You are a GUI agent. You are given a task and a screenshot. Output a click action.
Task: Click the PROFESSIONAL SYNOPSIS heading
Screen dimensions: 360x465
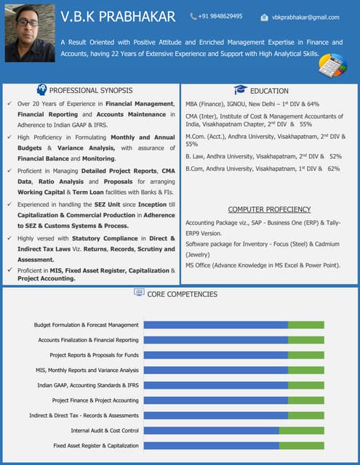click(x=90, y=91)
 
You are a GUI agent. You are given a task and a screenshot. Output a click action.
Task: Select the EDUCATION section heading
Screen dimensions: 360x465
click(x=269, y=91)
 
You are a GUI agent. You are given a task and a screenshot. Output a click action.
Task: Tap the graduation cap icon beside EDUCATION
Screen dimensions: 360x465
click(x=240, y=90)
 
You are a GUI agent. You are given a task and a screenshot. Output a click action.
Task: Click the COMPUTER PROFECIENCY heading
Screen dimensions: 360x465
click(x=269, y=209)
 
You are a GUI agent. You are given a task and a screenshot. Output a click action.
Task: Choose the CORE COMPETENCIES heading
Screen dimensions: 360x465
click(x=183, y=294)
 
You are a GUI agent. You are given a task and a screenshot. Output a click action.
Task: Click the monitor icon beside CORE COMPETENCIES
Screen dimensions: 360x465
click(x=139, y=293)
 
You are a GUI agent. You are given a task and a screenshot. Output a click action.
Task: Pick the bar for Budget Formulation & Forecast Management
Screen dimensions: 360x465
click(x=233, y=325)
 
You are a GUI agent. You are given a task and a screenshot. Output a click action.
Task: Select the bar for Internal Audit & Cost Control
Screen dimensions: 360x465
click(x=233, y=430)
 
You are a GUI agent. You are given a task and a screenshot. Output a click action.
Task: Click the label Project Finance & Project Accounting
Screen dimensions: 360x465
click(x=95, y=400)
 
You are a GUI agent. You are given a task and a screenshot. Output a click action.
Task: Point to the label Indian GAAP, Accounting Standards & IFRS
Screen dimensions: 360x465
click(x=88, y=385)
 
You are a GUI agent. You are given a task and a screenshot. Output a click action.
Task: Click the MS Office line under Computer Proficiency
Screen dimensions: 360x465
click(x=263, y=265)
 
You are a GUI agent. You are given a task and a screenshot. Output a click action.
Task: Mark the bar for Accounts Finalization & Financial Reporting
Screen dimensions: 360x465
click(x=233, y=340)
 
